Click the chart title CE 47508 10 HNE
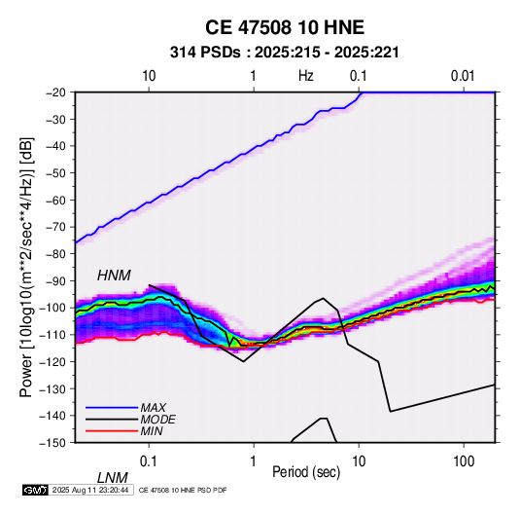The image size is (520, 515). click(x=285, y=27)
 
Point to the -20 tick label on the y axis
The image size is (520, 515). click(x=55, y=92)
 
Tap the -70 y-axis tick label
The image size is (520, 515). click(x=55, y=227)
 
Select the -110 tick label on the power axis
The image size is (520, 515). click(x=52, y=335)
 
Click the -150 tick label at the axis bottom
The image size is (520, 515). click(x=52, y=443)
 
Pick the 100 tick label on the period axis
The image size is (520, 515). click(x=464, y=461)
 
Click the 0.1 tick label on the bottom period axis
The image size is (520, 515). click(x=148, y=461)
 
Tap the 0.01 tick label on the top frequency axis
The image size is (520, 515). click(x=463, y=76)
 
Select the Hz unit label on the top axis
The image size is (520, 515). click(x=306, y=76)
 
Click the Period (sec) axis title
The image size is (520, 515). click(x=306, y=472)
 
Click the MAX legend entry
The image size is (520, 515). click(x=153, y=408)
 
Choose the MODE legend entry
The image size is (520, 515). click(x=157, y=420)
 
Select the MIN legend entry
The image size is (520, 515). click(x=152, y=431)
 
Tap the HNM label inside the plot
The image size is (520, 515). click(x=114, y=276)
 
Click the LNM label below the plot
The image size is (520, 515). click(x=113, y=478)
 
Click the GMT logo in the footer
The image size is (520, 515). click(x=35, y=490)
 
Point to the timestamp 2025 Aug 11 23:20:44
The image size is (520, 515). click(x=90, y=490)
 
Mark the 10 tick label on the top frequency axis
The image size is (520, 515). click(x=149, y=76)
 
